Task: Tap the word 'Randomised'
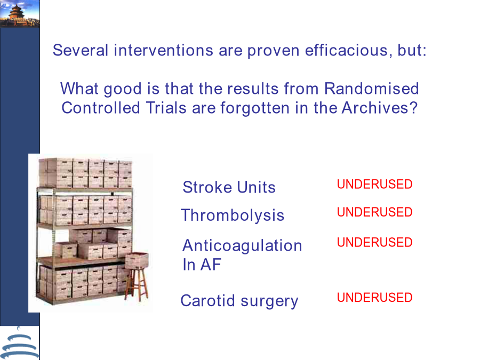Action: coord(371,89)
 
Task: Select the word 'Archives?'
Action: coord(380,108)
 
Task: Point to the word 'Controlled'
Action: coord(101,108)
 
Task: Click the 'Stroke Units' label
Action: coord(229,187)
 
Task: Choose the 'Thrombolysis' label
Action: coord(233,215)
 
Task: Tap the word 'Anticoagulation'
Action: coord(242,246)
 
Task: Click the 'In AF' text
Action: coord(202,265)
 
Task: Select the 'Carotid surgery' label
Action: coord(239,301)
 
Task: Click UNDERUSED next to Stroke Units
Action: coord(375,185)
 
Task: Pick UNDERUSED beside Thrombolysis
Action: coord(375,212)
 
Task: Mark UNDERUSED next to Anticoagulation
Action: coord(375,243)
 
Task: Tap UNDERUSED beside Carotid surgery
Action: coord(375,298)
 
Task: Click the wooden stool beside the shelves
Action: coord(137,284)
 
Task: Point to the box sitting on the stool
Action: coord(137,260)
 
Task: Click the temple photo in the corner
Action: coord(20,14)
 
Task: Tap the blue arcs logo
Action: coord(20,344)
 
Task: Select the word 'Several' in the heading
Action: coord(81,50)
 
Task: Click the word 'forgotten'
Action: coord(255,108)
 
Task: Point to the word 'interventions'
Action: coord(164,50)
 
